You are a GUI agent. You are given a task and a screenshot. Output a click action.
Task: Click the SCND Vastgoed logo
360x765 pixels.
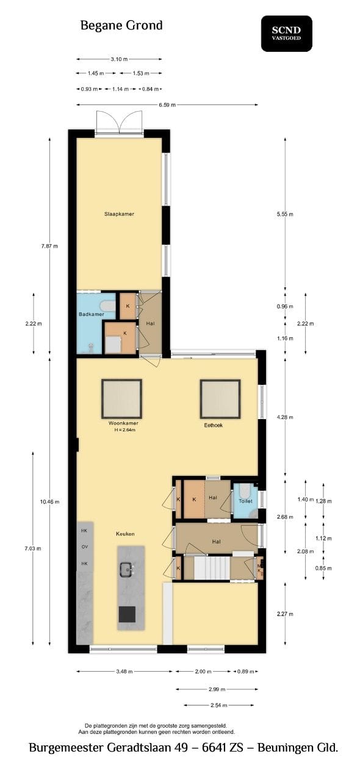(x=287, y=34)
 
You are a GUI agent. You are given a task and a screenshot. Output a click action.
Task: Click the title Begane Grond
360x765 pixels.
(x=121, y=26)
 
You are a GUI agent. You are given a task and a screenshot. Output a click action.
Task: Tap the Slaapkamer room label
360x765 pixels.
(x=119, y=214)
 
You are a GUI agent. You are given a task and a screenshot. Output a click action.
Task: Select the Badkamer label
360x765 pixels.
(x=92, y=314)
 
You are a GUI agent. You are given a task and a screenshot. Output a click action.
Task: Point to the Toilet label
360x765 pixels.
(x=245, y=501)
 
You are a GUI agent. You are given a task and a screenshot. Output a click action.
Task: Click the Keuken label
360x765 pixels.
(x=125, y=534)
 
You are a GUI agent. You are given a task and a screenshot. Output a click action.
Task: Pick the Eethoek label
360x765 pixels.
(x=214, y=425)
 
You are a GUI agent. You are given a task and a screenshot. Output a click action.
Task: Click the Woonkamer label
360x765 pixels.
(x=123, y=423)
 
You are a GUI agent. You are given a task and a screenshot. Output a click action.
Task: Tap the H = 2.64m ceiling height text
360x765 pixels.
(x=124, y=429)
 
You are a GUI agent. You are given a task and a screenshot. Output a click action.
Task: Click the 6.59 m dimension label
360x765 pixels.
(x=167, y=105)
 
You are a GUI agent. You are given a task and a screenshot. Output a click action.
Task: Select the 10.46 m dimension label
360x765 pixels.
(x=50, y=501)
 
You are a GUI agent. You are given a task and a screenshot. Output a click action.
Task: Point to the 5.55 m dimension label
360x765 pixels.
(x=285, y=215)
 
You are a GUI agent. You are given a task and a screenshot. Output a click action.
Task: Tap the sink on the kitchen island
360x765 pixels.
(x=127, y=569)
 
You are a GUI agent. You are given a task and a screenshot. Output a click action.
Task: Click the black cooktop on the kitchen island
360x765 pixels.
(x=127, y=614)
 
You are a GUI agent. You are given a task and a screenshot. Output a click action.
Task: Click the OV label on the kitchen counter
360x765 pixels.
(x=85, y=547)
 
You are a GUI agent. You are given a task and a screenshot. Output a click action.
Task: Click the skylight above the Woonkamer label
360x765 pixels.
(x=121, y=399)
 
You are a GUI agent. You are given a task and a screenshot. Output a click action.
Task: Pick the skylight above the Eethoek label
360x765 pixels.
(x=220, y=399)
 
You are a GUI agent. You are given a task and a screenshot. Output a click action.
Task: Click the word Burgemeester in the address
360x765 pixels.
(x=66, y=747)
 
